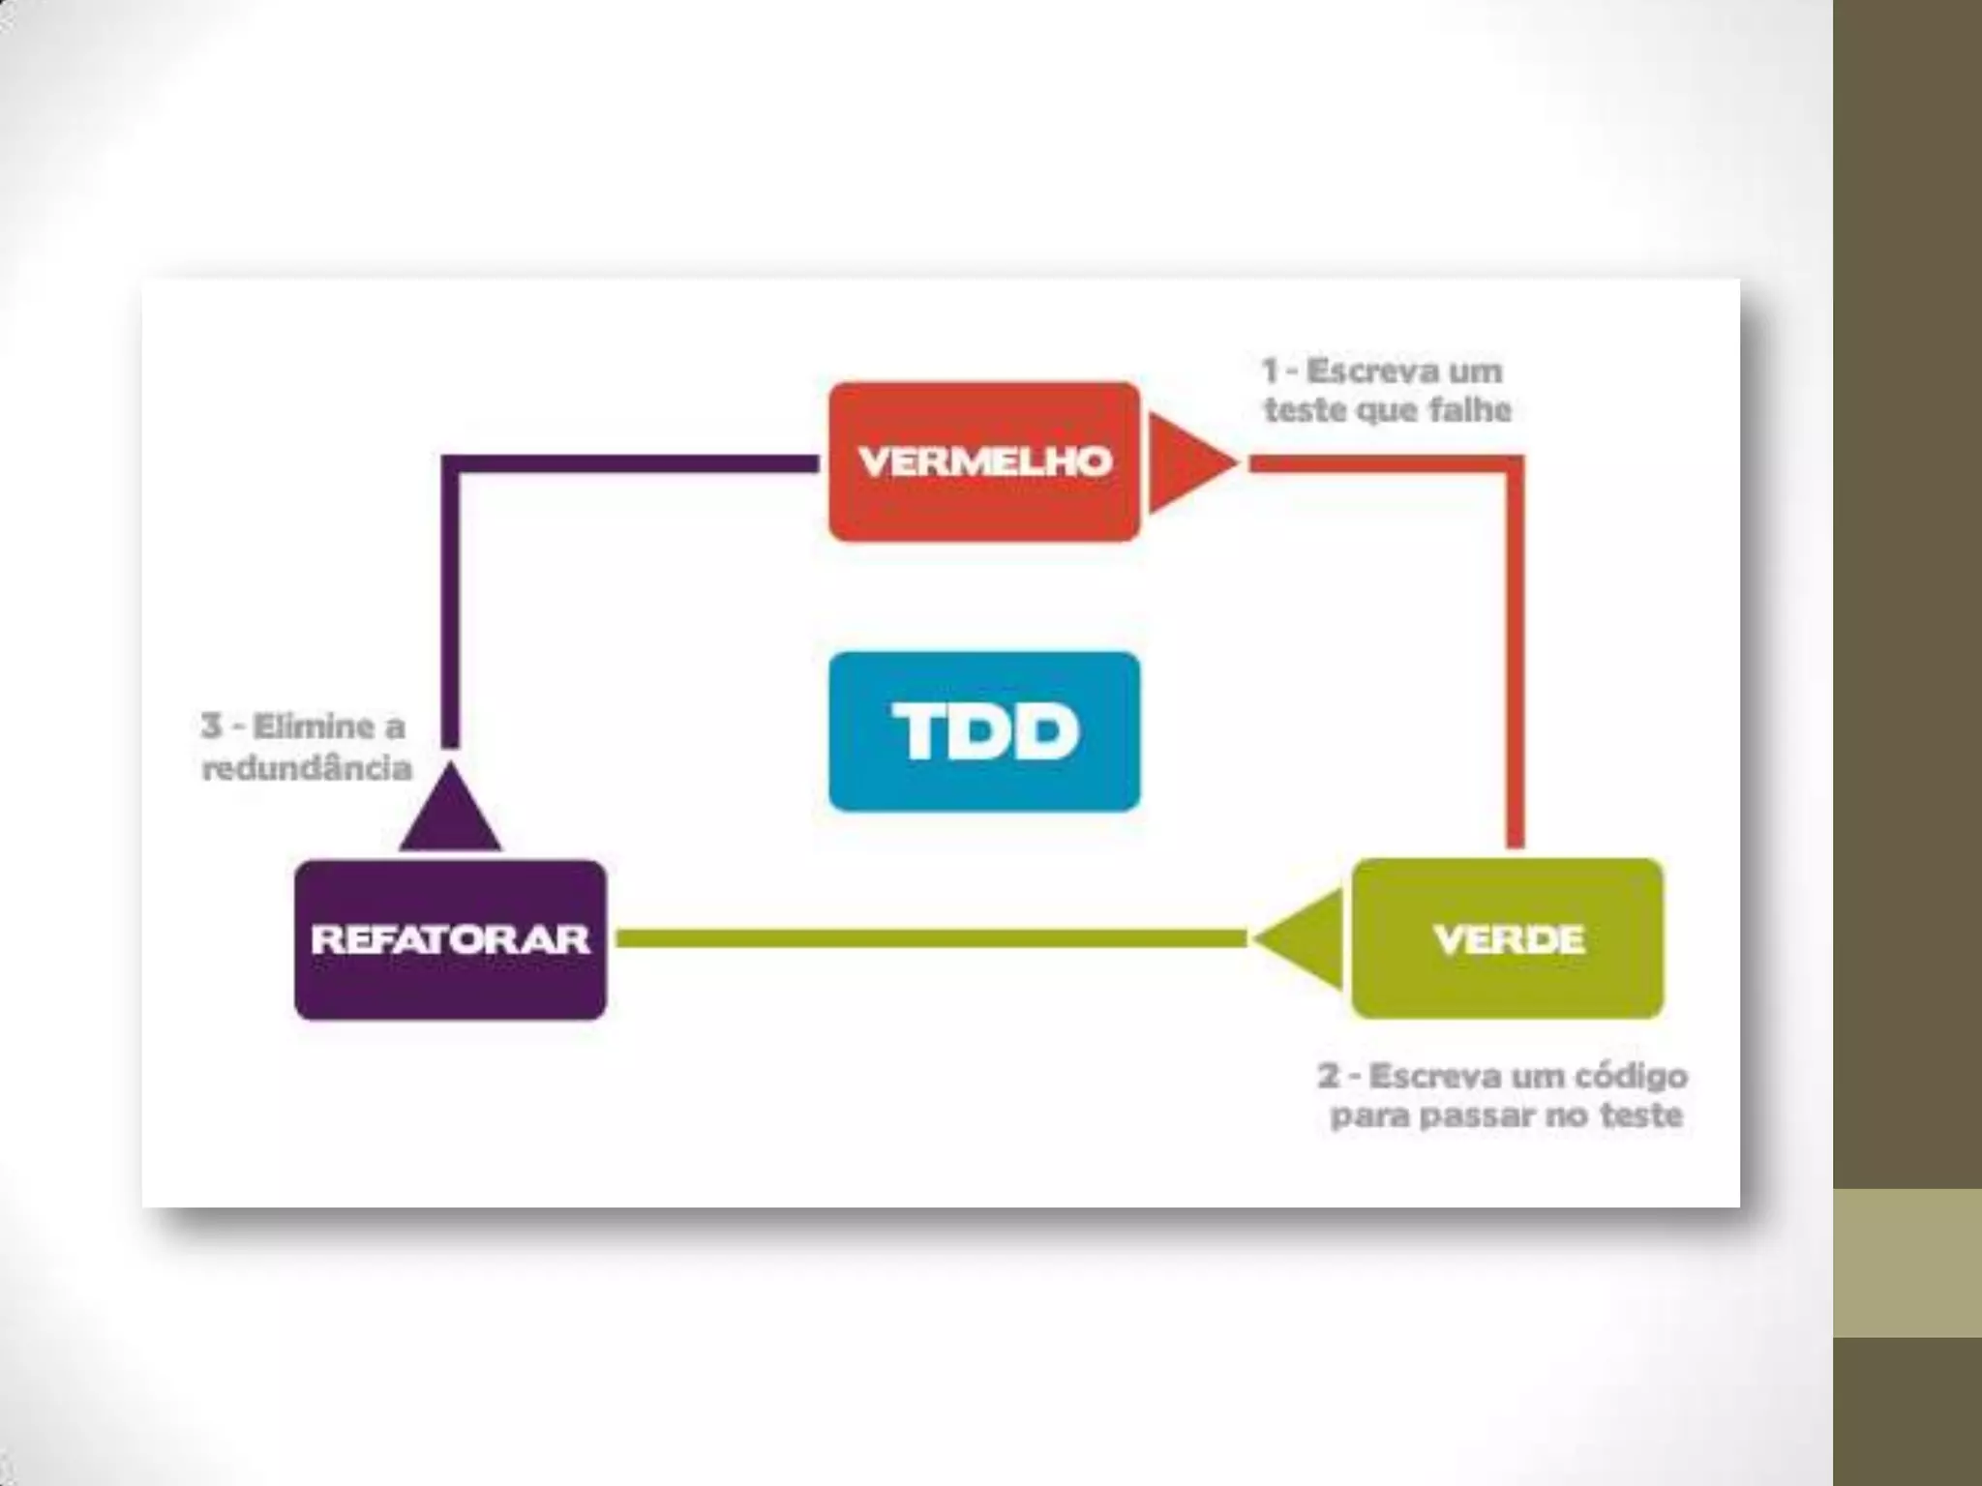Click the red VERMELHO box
pos(984,461)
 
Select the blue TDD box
pos(984,731)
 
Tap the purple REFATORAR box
pos(450,939)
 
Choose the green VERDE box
pos(1507,938)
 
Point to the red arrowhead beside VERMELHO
pos(1186,462)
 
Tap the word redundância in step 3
pos(307,768)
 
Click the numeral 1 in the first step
pos(1271,371)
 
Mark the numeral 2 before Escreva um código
pos(1329,1076)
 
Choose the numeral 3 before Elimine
pos(212,726)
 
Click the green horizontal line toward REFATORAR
pos(929,938)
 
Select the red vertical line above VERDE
pos(1516,658)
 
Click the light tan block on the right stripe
pos(1907,1263)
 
